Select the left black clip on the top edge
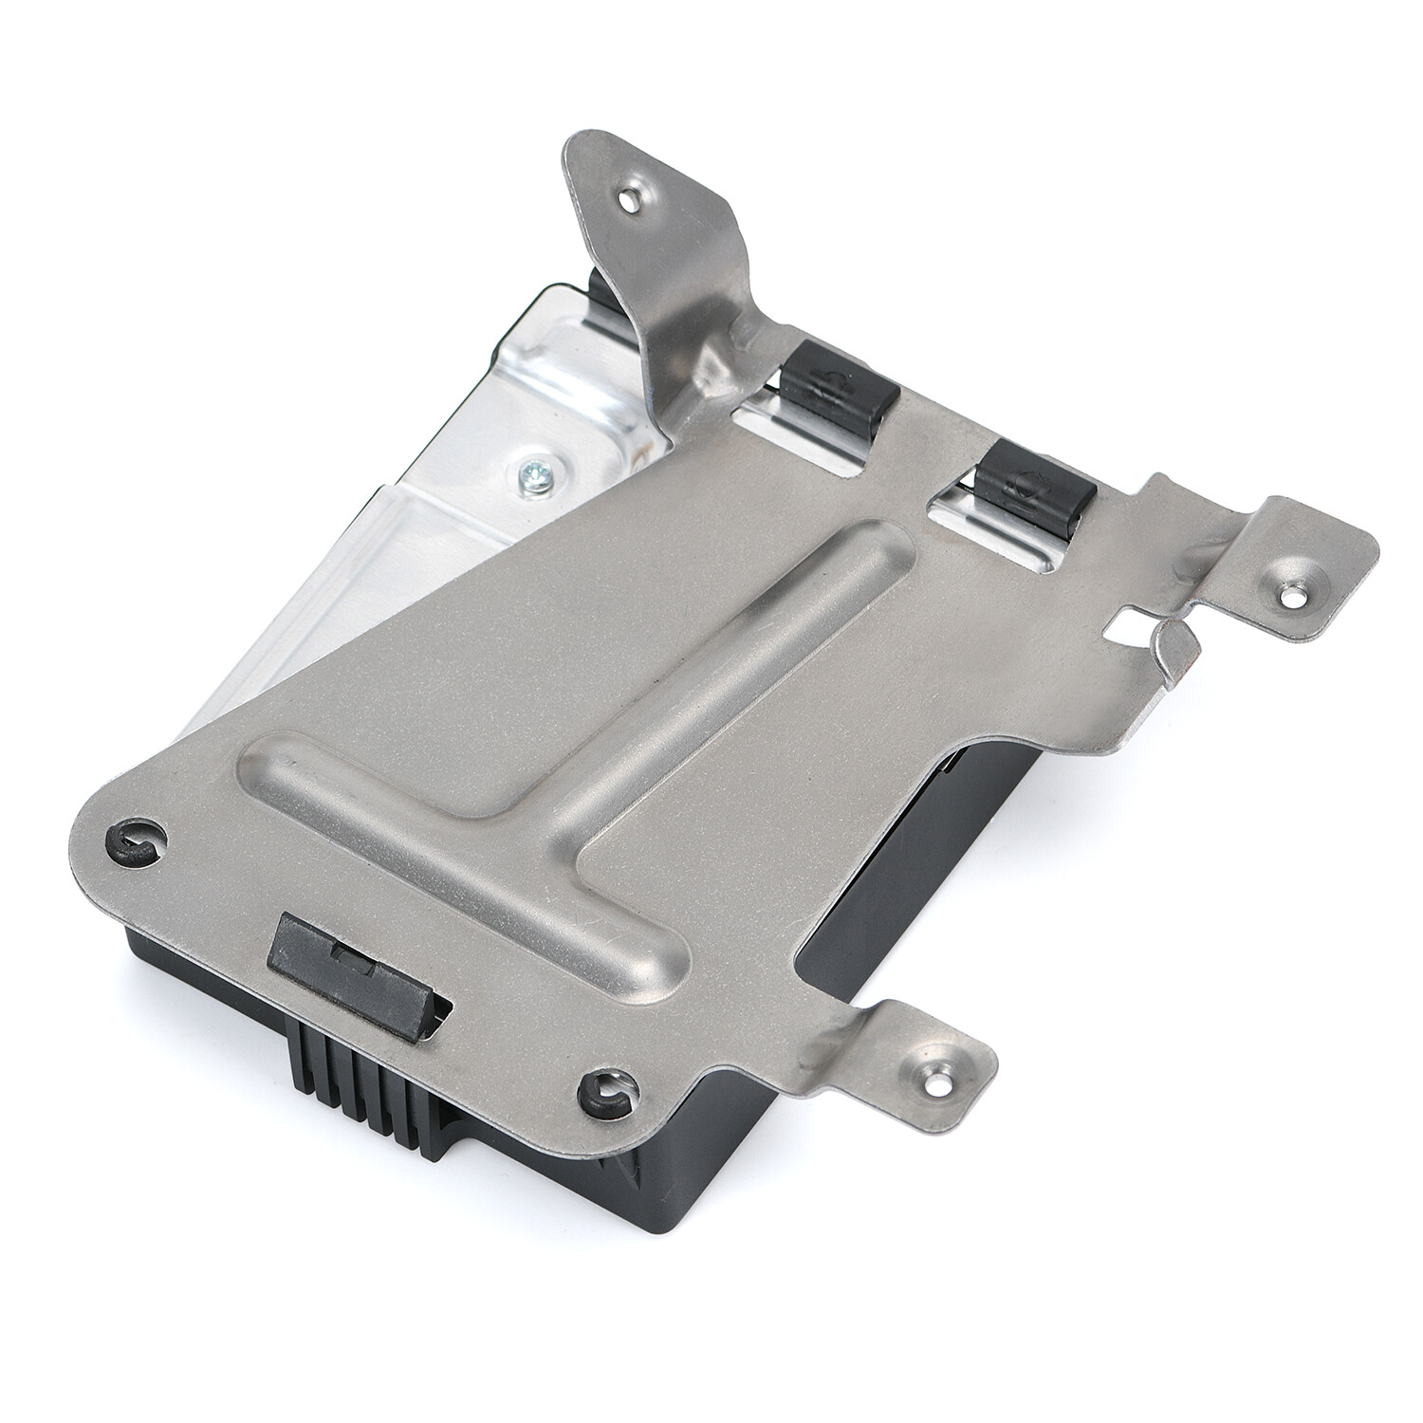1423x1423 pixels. pos(835,379)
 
